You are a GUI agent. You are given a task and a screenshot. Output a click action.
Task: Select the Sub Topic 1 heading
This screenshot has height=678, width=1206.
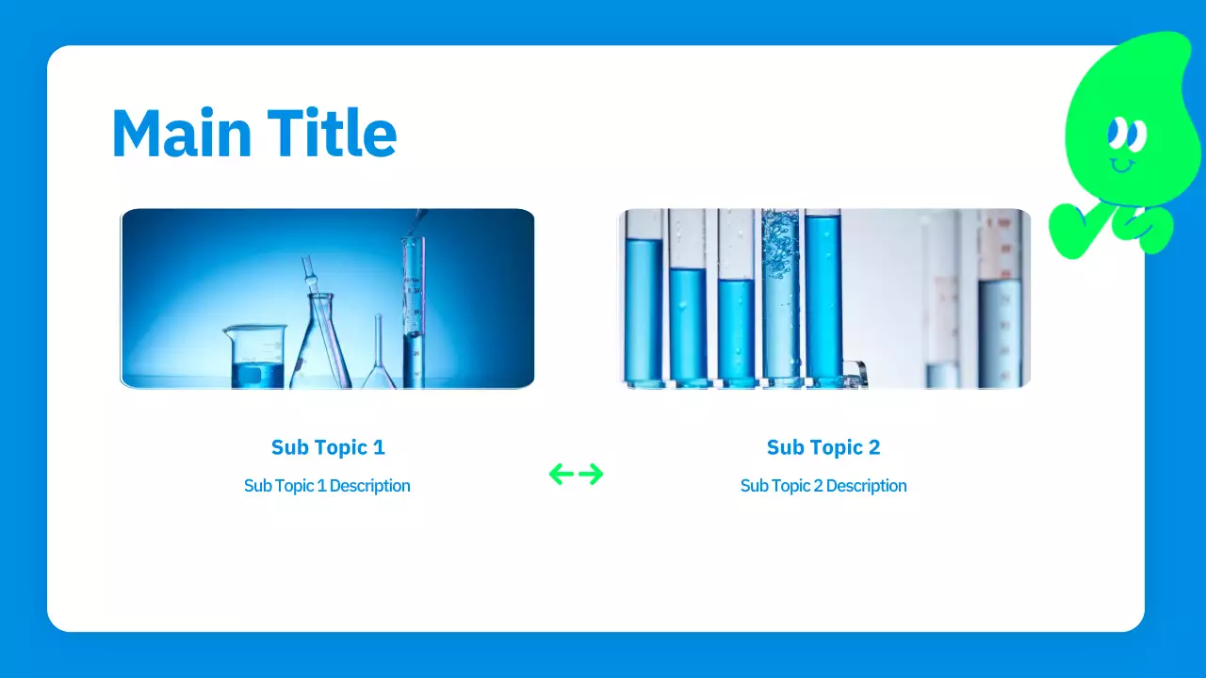[x=328, y=447]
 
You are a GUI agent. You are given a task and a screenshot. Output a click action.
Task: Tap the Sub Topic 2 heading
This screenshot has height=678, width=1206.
[x=823, y=447]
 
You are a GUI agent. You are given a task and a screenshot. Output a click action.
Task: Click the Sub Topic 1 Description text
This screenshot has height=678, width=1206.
[x=327, y=486]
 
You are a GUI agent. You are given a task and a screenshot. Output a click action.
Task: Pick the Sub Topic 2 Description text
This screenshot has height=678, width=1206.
[x=823, y=486]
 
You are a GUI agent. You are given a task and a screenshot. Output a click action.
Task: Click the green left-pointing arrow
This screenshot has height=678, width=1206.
[x=562, y=474]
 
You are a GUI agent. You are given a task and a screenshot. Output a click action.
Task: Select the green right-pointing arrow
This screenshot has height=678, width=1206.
[x=591, y=474]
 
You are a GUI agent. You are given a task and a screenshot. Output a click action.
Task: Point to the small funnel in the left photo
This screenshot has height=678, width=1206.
[x=378, y=363]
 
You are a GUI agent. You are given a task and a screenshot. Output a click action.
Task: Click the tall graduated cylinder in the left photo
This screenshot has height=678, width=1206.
[x=413, y=311]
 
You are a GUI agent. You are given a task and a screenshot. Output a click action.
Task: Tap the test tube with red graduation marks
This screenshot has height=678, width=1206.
[x=1000, y=301]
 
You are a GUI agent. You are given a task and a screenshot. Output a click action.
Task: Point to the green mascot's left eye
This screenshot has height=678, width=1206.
[x=1118, y=133]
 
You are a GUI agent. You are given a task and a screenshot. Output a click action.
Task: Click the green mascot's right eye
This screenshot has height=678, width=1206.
[x=1138, y=135]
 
